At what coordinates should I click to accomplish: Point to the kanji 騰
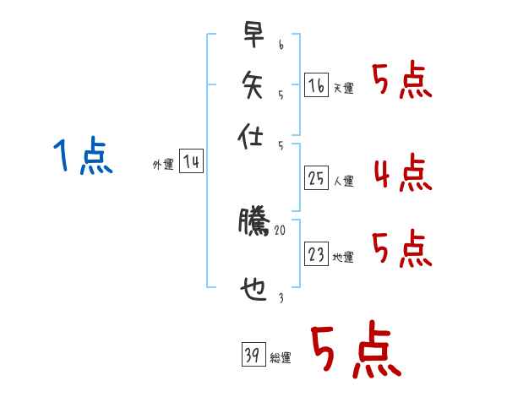point(253,223)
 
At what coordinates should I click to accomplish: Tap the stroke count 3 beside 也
point(280,298)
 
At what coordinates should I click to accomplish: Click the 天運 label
point(344,88)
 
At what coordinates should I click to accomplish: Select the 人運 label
point(344,181)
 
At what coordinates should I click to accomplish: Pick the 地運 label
point(344,257)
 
